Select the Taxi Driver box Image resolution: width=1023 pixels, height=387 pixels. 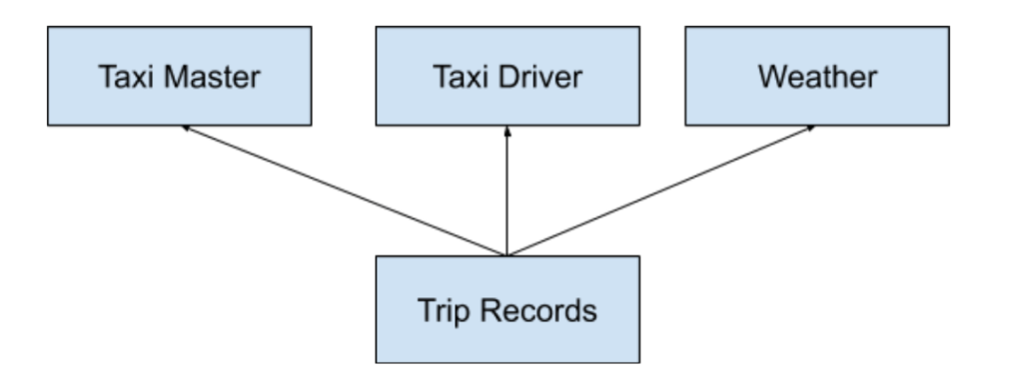pos(508,77)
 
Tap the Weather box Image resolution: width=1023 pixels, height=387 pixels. pos(817,77)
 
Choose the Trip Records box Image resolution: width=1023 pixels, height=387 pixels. pos(508,309)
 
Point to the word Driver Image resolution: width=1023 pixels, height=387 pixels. pos(543,77)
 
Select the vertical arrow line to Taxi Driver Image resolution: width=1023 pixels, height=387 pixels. pos(508,194)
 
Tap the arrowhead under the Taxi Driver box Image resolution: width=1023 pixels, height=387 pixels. pos(508,131)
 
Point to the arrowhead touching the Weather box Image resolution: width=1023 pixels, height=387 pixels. pos(809,129)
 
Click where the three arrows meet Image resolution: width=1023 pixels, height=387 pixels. pos(508,254)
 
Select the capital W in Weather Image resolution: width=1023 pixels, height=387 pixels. pos(771,77)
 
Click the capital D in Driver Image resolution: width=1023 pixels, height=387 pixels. pos(509,77)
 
